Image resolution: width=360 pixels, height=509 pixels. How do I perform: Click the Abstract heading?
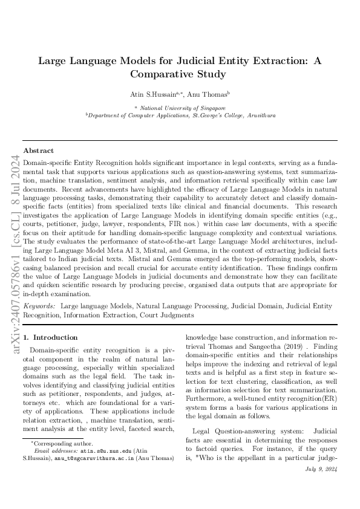coord(38,151)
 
